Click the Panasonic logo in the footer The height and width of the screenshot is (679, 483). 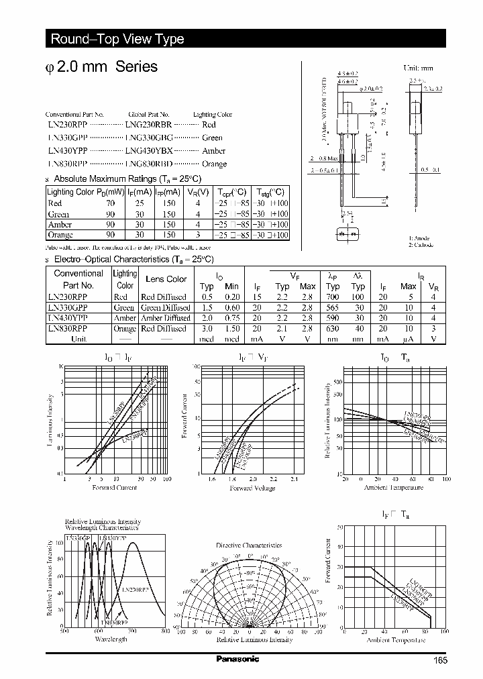tap(238, 659)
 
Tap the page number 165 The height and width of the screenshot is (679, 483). tap(440, 660)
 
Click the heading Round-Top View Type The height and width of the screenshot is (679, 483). tap(117, 40)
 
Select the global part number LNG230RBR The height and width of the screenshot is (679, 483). tap(149, 125)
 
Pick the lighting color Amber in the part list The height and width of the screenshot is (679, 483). tap(213, 151)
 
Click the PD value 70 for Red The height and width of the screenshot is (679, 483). tap(111, 203)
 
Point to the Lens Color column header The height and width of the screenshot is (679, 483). tap(166, 279)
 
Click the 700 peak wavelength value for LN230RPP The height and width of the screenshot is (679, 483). tap(333, 297)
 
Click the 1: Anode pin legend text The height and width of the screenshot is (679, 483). tap(420, 238)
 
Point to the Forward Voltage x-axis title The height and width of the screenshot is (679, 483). tap(252, 488)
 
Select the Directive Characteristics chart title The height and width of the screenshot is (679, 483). tap(250, 545)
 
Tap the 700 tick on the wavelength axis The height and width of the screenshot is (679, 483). tap(131, 631)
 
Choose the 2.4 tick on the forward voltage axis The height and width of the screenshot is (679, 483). tap(294, 480)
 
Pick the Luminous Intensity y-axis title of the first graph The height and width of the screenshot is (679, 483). tap(50, 421)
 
